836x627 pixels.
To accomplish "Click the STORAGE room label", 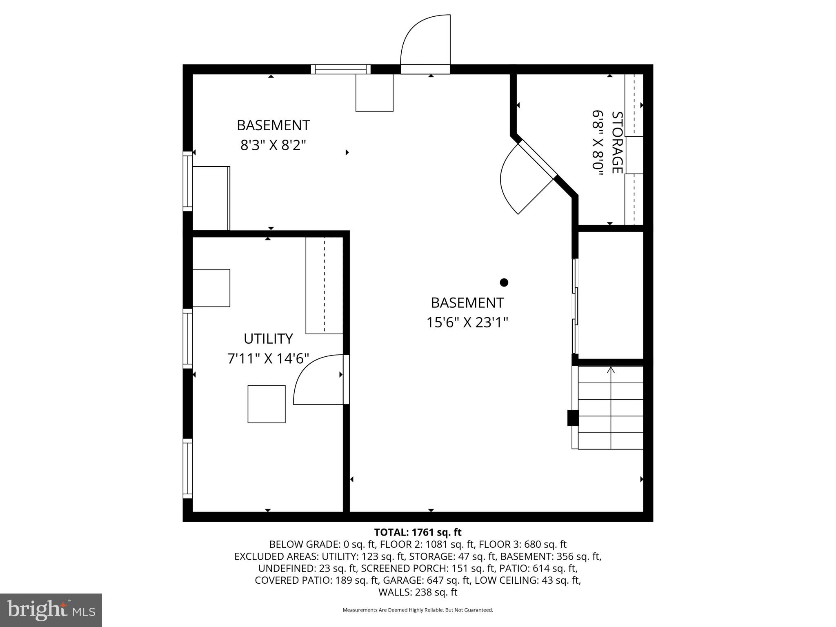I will pos(617,142).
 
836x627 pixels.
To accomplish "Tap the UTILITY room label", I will pos(268,339).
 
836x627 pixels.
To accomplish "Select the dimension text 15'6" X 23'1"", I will pos(467,322).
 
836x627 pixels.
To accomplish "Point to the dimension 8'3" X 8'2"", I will pos(273,145).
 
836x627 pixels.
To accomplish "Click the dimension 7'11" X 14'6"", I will pos(268,359).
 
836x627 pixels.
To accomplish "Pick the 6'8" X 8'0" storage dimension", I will pos(598,142).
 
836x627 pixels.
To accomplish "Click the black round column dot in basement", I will pos(504,282).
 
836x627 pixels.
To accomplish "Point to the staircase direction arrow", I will pos(611,370).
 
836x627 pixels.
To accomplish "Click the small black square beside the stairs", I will pos(573,418).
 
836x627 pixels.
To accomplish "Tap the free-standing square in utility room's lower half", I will pos(266,404).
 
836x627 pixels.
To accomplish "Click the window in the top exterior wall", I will pos(340,69).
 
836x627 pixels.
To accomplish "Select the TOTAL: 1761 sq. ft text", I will pos(418,532).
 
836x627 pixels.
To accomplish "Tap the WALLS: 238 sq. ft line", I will pos(418,592).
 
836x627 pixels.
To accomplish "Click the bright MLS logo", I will pos(51,610).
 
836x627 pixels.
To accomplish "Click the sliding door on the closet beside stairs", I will pos(575,306).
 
